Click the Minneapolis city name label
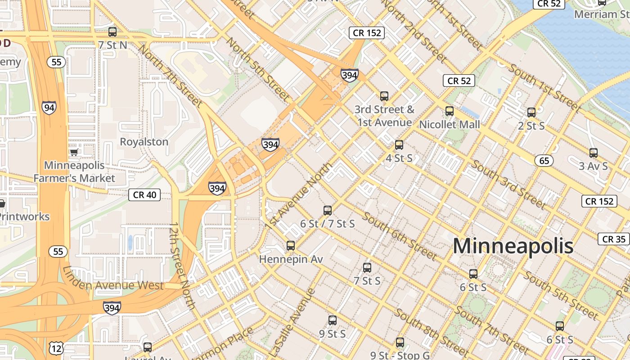click(x=513, y=246)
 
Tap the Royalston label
click(x=144, y=142)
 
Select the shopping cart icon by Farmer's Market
click(x=74, y=152)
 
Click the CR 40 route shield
click(x=144, y=195)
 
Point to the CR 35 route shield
click(x=613, y=239)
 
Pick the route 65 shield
click(x=544, y=161)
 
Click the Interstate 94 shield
click(x=49, y=108)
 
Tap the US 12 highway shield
click(x=56, y=348)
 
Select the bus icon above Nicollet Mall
click(x=449, y=111)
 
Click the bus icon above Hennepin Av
click(x=291, y=246)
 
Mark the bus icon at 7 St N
click(x=112, y=32)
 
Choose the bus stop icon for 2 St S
click(x=531, y=112)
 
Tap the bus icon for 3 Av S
click(x=594, y=153)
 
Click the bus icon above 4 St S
click(x=399, y=145)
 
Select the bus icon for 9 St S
click(x=332, y=320)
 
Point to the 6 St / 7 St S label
click(x=327, y=224)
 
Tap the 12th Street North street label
click(x=182, y=265)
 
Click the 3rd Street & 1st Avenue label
click(x=384, y=116)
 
